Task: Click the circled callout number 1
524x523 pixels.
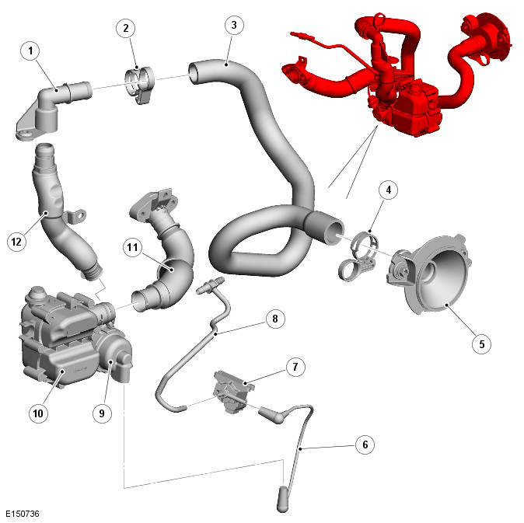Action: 30,51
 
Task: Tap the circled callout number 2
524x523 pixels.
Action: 126,28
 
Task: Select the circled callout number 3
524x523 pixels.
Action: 234,25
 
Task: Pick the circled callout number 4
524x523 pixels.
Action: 388,190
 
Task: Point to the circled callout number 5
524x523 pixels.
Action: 481,344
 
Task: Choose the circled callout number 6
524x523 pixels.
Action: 365,445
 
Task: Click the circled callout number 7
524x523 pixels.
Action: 295,367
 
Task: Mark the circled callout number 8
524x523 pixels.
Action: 275,319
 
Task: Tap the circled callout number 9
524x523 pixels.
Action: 102,413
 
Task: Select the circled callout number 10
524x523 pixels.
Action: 38,413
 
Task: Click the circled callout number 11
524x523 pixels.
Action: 133,247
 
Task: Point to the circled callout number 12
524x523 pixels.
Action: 16,242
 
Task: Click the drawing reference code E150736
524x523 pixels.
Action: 23,514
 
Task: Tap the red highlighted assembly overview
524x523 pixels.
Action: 398,74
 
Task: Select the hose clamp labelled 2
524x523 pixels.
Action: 140,85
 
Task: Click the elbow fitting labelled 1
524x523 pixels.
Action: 54,111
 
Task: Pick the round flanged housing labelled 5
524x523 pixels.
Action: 428,274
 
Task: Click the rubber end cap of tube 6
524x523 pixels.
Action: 283,499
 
